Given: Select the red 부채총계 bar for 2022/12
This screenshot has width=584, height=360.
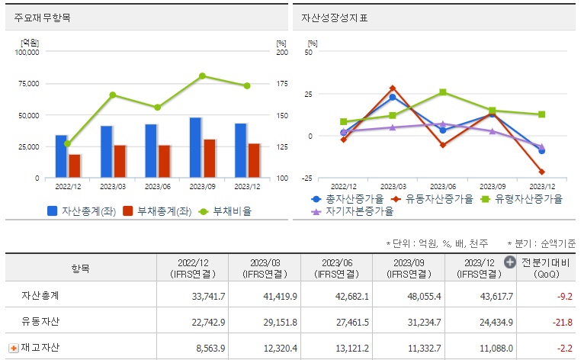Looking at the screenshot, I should pos(75,166).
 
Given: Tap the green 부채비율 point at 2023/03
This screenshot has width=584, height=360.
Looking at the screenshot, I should pos(112,95).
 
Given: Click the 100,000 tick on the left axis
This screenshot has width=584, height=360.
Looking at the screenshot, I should pos(27,52).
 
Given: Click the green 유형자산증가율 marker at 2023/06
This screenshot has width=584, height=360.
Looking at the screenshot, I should pos(443,92).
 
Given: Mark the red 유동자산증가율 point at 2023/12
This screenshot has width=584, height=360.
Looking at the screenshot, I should pos(542,172).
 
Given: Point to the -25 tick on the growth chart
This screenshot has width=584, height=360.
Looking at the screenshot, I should pos(307,178).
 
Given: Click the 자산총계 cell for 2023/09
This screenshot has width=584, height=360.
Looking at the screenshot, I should pos(419,295).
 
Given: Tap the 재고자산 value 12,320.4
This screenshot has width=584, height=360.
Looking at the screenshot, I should pos(276,348).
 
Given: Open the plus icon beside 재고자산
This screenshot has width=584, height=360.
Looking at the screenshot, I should pos(13,348).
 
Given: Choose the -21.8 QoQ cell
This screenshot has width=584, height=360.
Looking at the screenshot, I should pos(562,321).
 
